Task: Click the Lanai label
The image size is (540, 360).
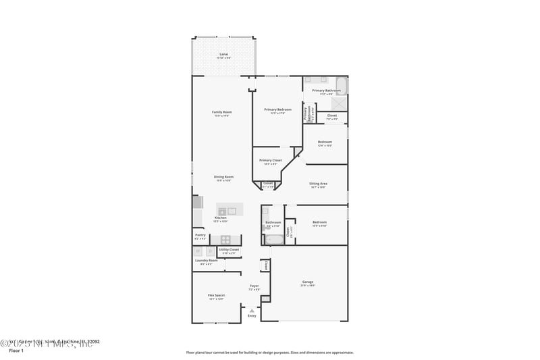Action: [x=223, y=54]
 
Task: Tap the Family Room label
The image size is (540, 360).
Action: [x=222, y=112]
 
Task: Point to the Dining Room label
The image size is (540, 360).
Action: [x=223, y=177]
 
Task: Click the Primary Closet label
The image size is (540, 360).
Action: [x=270, y=160]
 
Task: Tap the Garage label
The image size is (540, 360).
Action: [x=307, y=282]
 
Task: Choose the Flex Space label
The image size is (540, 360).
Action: [x=216, y=295]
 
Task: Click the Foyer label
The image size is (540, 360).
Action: [x=254, y=286]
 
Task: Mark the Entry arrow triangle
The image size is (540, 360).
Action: [x=252, y=310]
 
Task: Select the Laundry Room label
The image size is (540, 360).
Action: [x=206, y=260]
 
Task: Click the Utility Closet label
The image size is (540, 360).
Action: [x=229, y=249]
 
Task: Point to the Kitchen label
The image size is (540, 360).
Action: [x=220, y=217]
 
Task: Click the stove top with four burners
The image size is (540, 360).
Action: [x=225, y=239]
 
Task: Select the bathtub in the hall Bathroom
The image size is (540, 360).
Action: [x=274, y=239]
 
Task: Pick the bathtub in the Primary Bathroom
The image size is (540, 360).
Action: [x=341, y=86]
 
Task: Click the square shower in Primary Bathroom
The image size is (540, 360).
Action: [x=341, y=103]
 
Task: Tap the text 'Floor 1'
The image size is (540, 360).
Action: [x=16, y=351]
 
